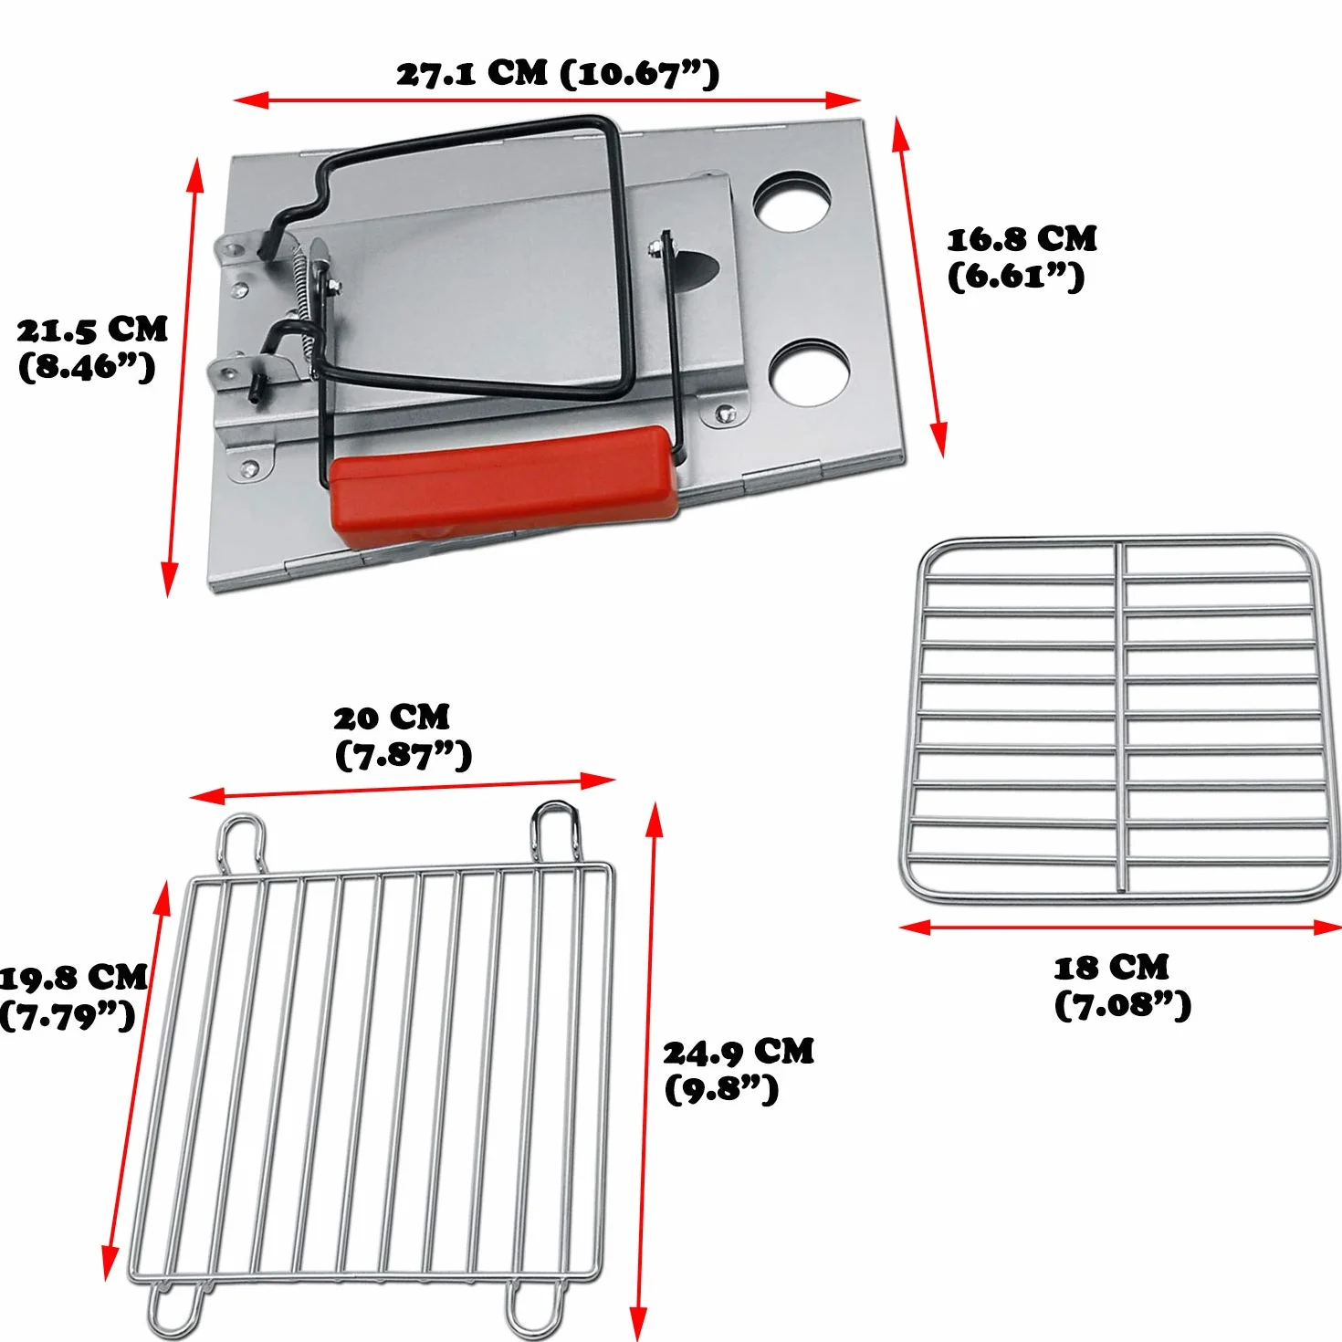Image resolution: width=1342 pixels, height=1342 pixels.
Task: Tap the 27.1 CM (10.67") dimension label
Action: point(557,75)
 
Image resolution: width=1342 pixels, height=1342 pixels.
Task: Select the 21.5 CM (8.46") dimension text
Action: point(92,348)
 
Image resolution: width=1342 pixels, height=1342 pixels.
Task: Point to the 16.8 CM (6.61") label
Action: point(1021,257)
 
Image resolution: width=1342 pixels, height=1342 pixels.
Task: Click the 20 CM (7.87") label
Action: point(403,737)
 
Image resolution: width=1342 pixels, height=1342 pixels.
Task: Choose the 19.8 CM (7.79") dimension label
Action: point(73,997)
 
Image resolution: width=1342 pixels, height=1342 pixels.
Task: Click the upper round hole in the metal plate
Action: point(792,201)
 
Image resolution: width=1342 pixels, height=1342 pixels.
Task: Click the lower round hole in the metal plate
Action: point(809,372)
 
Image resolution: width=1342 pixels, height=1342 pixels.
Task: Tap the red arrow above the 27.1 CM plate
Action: point(547,100)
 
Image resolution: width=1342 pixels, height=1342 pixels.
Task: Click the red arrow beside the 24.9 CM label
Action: point(645,1070)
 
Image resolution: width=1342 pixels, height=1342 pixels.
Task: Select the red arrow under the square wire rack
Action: point(1120,927)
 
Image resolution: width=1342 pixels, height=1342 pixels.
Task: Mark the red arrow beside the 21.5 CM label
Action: point(183,377)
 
